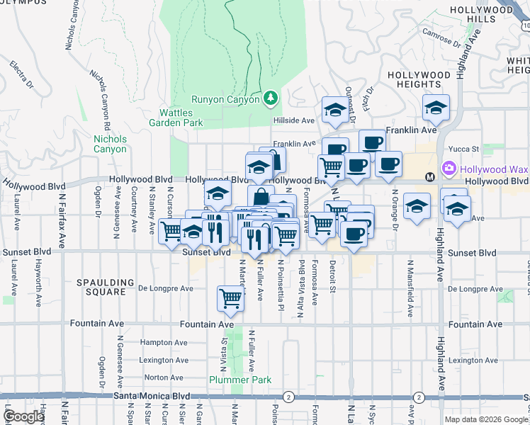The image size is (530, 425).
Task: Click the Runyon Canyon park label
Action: (x=227, y=99)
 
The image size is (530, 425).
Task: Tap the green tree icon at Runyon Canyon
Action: (x=270, y=98)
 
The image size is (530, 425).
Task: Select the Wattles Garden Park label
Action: (x=181, y=118)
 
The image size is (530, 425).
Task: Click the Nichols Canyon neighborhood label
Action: (x=110, y=144)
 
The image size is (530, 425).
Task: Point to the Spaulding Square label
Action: (x=106, y=287)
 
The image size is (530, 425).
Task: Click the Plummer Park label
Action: (x=240, y=380)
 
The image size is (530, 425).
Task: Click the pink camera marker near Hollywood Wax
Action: (x=448, y=169)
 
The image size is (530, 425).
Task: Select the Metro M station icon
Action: (x=429, y=176)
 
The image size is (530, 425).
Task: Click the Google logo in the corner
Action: (x=23, y=417)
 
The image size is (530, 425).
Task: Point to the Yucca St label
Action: (x=467, y=149)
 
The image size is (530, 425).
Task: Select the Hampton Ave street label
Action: (x=163, y=342)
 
